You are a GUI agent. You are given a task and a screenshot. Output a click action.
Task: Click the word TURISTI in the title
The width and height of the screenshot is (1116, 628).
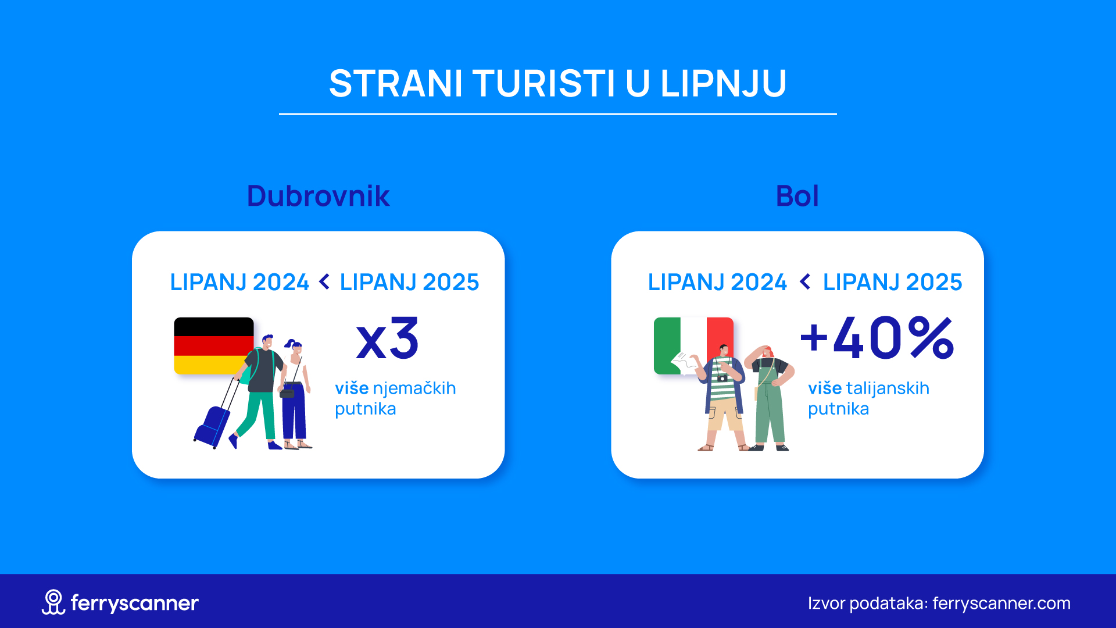point(544,83)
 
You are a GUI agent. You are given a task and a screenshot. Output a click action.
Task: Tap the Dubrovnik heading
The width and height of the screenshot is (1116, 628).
point(318,196)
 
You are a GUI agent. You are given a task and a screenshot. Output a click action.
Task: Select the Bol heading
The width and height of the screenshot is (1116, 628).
point(797,196)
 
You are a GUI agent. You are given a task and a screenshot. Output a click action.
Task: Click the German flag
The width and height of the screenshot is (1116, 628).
point(213,345)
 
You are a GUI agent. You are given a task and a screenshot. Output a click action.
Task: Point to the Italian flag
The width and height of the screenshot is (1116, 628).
point(693,345)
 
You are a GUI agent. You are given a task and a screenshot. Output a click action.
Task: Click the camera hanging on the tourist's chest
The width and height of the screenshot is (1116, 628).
point(722,378)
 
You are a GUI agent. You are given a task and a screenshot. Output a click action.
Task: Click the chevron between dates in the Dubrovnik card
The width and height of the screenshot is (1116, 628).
point(324,282)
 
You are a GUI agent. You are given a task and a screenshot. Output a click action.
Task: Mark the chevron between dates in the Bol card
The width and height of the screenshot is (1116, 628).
point(805,282)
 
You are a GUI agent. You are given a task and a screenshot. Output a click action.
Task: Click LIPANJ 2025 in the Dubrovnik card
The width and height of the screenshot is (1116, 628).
point(409,282)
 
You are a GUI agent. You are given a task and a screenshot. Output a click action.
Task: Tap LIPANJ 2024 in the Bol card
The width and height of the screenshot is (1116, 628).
point(717,282)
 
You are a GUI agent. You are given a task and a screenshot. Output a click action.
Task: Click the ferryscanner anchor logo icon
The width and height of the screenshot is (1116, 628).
point(53,602)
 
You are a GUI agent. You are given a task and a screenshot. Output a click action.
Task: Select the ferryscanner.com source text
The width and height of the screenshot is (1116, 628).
point(1001,604)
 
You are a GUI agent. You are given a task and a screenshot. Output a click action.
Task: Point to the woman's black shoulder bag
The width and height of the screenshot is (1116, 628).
point(288,392)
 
